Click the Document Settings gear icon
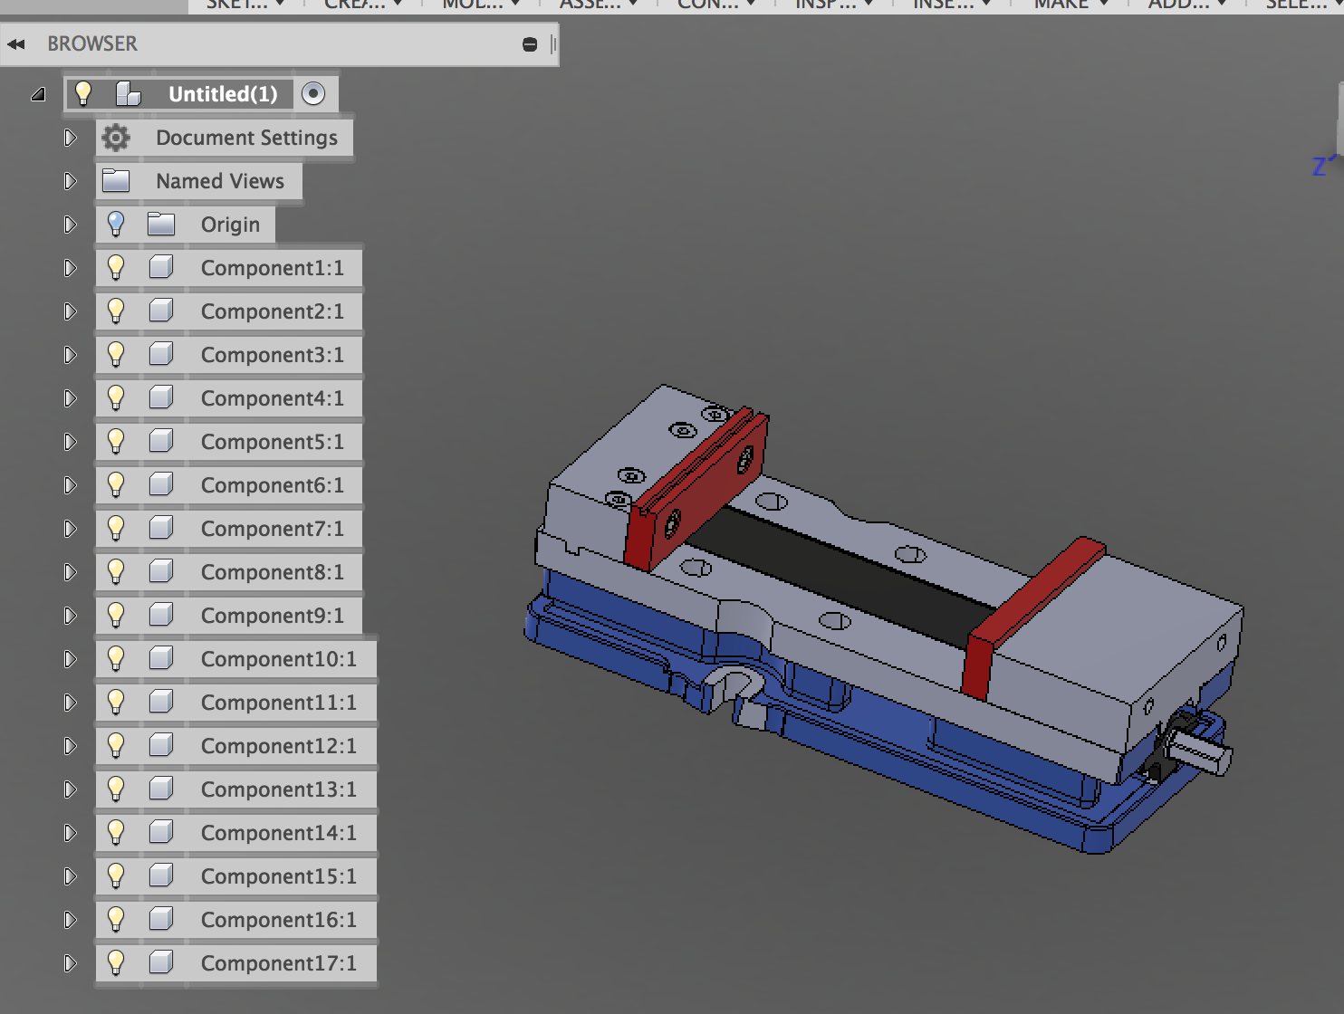(116, 138)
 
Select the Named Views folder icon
(116, 181)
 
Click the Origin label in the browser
(230, 225)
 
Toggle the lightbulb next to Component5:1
(116, 441)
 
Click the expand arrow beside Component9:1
(70, 616)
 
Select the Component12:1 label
(278, 746)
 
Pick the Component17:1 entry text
(278, 963)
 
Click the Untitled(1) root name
(223, 94)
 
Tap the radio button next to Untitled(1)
(313, 94)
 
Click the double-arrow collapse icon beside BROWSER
(16, 43)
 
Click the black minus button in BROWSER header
(530, 44)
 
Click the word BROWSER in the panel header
(92, 43)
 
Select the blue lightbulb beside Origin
(116, 224)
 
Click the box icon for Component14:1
(161, 832)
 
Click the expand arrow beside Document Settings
(70, 138)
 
